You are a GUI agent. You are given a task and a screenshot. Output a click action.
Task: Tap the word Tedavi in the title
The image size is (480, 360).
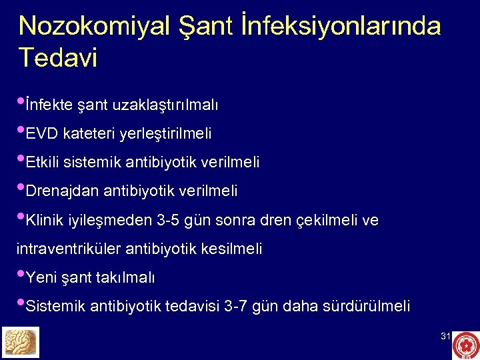pyautogui.click(x=58, y=57)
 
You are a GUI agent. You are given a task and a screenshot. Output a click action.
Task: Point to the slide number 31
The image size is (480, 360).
pyautogui.click(x=445, y=337)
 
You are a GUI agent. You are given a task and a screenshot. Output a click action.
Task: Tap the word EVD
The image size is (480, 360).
pyautogui.click(x=42, y=134)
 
